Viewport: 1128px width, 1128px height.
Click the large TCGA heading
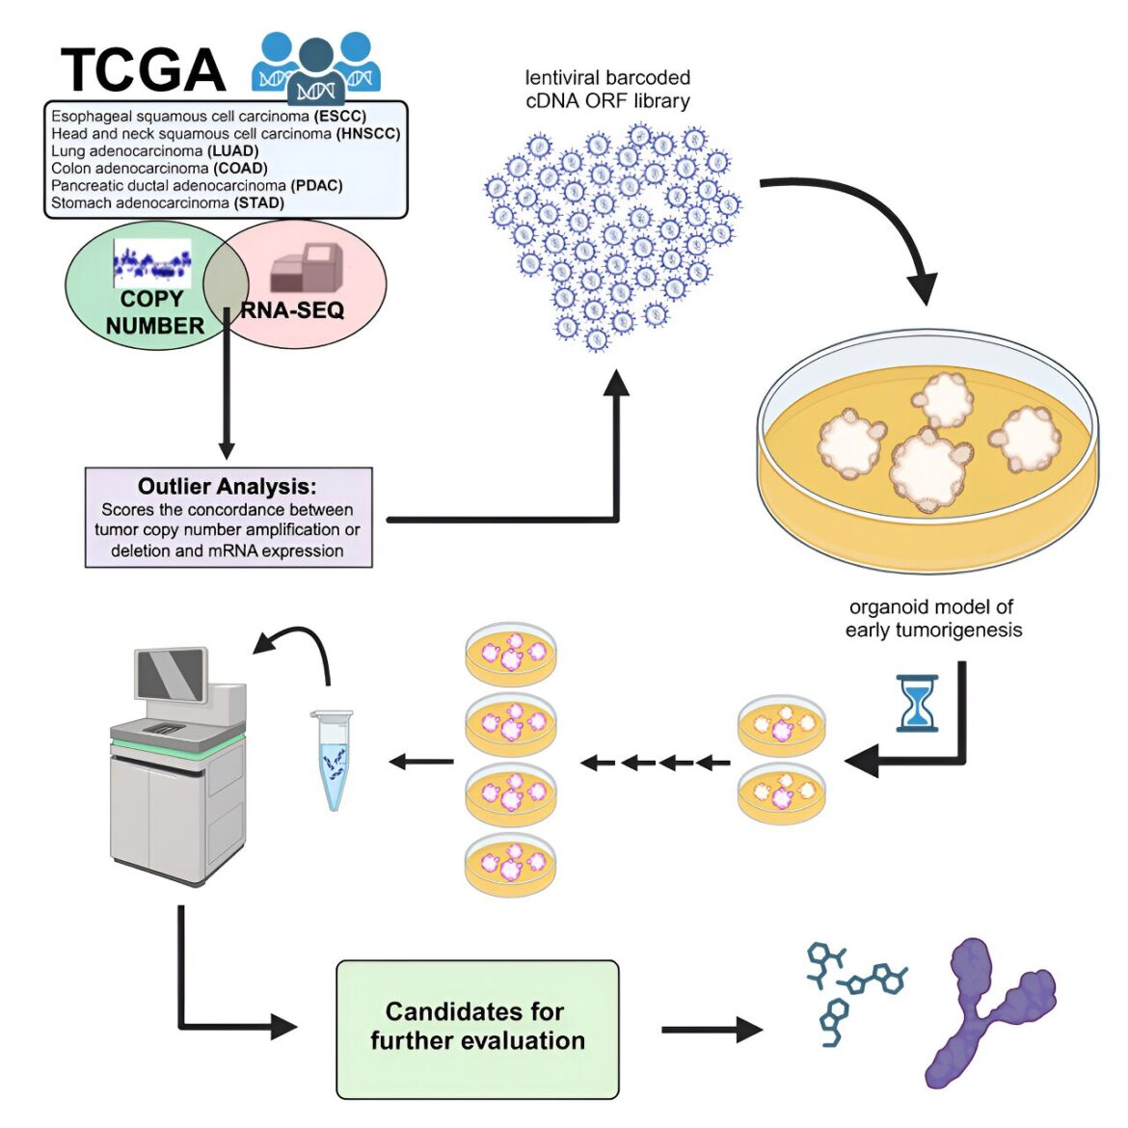tap(143, 69)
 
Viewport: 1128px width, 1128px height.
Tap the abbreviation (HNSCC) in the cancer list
tap(368, 133)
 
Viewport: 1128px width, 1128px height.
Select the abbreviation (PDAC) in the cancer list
tap(316, 186)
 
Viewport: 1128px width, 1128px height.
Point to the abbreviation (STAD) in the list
tap(259, 202)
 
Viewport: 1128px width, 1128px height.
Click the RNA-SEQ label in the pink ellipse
tap(292, 310)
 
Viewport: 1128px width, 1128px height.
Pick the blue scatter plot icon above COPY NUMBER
tap(152, 263)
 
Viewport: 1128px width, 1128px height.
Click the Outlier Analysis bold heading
tap(228, 486)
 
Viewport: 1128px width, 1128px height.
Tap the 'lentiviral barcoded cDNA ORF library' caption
tap(608, 89)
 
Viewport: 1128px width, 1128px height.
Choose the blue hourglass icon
tap(917, 703)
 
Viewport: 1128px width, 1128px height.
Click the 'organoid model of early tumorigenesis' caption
tap(933, 619)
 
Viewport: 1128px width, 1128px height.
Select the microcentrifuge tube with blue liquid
tap(333, 760)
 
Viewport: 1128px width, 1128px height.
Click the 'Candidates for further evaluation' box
tap(477, 1029)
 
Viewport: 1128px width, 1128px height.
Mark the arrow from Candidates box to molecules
tap(712, 1030)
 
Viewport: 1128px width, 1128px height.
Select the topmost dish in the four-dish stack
tap(511, 655)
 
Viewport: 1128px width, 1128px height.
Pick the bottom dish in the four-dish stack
tap(511, 865)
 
